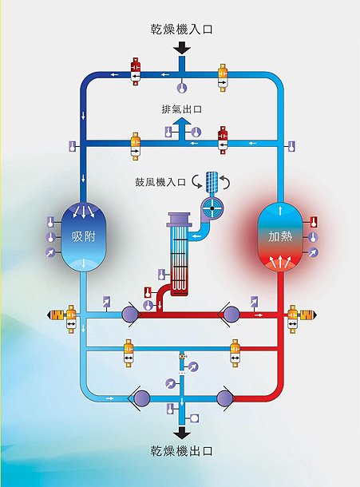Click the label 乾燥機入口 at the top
click(182, 30)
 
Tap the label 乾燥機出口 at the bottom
click(182, 450)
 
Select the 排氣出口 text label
click(182, 109)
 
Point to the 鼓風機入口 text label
click(160, 182)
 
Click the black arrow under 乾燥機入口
click(182, 49)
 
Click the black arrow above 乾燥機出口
click(182, 433)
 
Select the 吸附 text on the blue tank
click(84, 236)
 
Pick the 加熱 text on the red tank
click(280, 236)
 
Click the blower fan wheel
click(212, 208)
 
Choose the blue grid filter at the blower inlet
click(212, 182)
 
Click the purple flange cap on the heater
click(180, 220)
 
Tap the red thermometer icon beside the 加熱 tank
click(314, 222)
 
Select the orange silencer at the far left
click(56, 315)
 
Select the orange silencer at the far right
click(307, 315)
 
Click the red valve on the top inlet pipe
click(136, 72)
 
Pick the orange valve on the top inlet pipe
click(223, 78)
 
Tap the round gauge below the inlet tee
click(182, 88)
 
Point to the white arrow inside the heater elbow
click(196, 236)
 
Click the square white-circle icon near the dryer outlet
click(195, 418)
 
